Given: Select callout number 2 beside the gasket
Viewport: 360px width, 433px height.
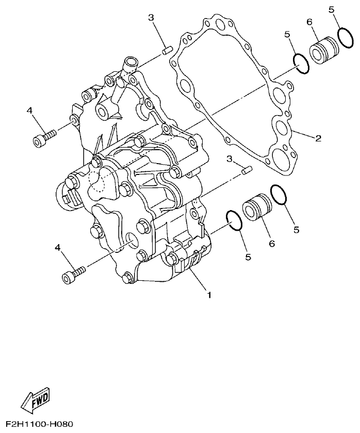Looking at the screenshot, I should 318,138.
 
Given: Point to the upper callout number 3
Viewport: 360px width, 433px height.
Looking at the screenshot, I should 151,18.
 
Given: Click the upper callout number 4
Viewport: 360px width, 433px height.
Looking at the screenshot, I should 29,110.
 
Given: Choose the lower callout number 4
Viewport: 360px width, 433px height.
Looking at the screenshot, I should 58,248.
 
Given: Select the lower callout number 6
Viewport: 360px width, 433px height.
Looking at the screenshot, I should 271,244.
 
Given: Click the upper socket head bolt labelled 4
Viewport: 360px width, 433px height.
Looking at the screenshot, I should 44,138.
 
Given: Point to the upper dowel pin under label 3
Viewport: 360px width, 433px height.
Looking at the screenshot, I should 167,51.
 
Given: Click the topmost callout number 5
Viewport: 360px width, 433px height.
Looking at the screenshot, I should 331,9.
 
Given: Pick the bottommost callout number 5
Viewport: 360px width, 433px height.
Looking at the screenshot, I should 248,256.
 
